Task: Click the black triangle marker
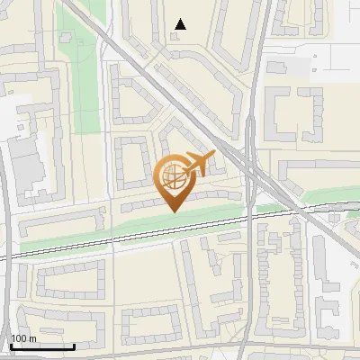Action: click(181, 24)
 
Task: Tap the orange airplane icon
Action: click(199, 165)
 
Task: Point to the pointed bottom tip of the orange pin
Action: click(174, 211)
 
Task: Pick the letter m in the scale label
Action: click(32, 338)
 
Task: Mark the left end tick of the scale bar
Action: click(10, 346)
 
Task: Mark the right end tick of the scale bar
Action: click(74, 346)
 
